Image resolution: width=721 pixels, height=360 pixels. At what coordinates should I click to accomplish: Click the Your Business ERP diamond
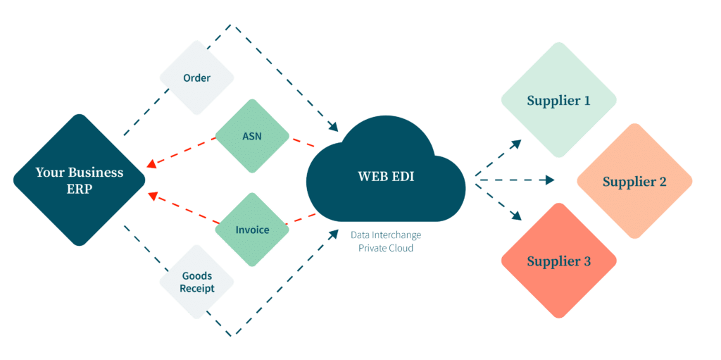[79, 180]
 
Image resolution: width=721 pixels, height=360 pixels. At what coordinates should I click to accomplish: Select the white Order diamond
[196, 77]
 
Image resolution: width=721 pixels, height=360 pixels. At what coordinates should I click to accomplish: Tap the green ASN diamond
[251, 136]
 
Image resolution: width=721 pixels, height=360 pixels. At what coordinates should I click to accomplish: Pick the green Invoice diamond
[251, 230]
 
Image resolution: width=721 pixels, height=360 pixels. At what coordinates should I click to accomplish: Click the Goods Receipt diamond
[196, 283]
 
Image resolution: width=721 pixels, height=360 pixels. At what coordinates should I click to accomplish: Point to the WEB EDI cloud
[386, 176]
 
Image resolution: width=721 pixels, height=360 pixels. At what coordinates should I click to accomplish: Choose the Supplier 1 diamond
[558, 100]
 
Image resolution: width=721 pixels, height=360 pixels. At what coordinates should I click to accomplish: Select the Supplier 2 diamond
[634, 182]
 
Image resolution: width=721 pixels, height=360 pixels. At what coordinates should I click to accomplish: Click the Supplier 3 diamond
[558, 261]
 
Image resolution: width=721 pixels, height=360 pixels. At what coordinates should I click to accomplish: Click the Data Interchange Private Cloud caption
[386, 242]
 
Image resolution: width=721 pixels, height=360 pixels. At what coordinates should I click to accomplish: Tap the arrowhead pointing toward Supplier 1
[517, 143]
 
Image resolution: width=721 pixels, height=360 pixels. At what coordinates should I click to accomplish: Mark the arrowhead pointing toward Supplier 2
[550, 180]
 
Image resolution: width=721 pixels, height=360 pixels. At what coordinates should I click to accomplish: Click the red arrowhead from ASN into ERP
[151, 168]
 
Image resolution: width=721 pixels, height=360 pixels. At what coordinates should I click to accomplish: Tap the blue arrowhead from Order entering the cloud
[333, 129]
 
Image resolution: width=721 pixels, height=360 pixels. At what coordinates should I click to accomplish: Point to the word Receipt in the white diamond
[196, 289]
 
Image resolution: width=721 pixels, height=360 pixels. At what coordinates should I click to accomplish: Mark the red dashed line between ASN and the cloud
[303, 144]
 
